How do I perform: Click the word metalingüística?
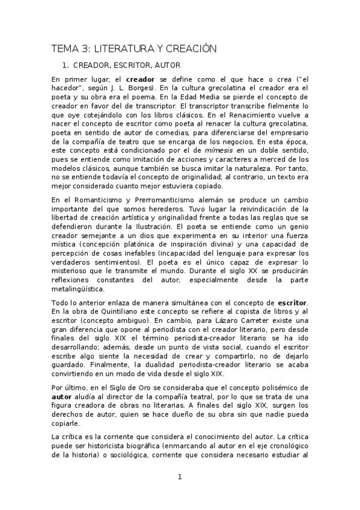coord(81,289)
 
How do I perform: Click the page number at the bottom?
coord(180,477)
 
